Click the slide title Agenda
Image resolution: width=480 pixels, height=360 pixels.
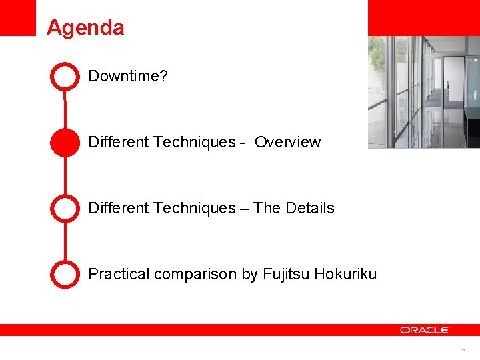[x=85, y=28]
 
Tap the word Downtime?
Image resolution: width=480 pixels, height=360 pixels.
[x=128, y=76]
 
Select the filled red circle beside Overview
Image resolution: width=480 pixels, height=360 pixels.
[x=65, y=142]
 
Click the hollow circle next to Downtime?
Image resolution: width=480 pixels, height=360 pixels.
[x=65, y=76]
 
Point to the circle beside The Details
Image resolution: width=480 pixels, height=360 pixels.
[x=65, y=208]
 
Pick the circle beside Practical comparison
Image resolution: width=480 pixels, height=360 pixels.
[x=65, y=274]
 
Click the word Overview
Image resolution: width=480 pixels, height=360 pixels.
[x=287, y=142]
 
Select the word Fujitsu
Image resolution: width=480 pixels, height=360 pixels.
[x=286, y=274]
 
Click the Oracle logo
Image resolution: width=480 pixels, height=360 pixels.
[x=425, y=329]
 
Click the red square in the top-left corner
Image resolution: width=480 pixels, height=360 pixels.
[x=17, y=17]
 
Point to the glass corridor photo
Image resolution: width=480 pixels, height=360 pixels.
[x=423, y=92]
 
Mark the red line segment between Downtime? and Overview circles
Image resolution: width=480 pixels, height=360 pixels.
[x=65, y=109]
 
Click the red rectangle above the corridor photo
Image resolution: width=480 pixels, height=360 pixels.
[x=423, y=17]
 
